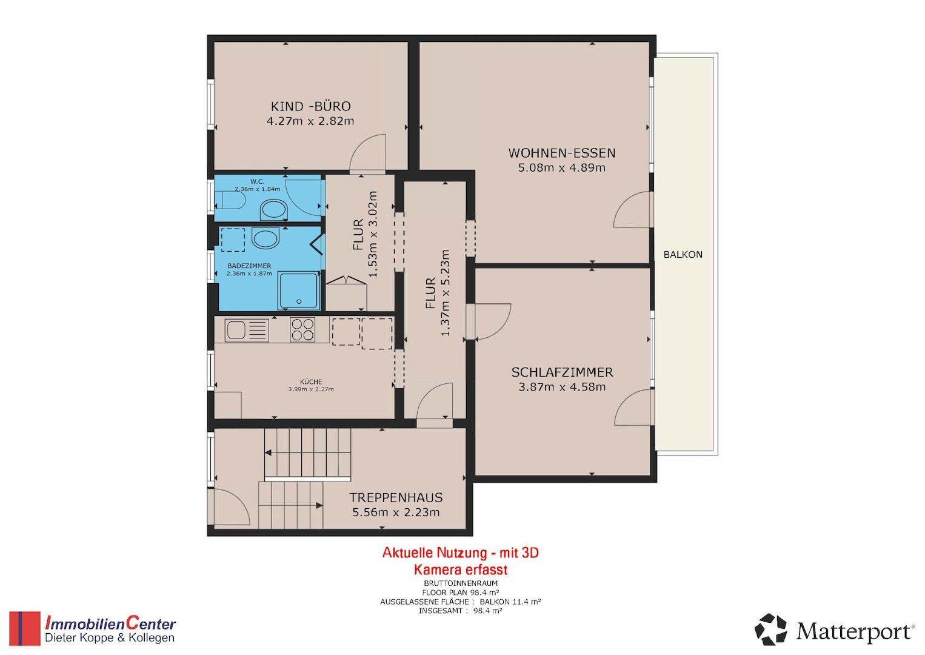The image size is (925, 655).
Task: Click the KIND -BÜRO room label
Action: point(310,107)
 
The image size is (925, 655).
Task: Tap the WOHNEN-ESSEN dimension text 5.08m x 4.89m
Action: point(561,168)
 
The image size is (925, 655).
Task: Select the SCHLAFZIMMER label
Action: point(562,372)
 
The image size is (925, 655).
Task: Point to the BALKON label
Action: point(683,255)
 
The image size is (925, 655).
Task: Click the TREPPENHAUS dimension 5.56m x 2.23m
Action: point(396,512)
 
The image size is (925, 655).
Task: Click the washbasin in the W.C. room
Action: point(273,210)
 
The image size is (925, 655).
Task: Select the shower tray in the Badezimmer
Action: point(299,291)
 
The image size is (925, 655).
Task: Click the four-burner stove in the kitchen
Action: point(302,329)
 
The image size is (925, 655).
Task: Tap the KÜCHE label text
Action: point(311,382)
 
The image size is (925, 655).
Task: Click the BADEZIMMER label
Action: point(249,266)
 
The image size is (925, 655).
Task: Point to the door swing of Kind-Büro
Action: point(368,152)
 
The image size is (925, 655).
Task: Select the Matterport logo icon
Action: point(770,630)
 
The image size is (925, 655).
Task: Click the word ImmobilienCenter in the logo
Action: point(110,623)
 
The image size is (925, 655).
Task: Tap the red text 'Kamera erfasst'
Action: point(461,570)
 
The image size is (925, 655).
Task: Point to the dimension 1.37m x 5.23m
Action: point(445,292)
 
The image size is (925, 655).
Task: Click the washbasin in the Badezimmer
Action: point(265,238)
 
